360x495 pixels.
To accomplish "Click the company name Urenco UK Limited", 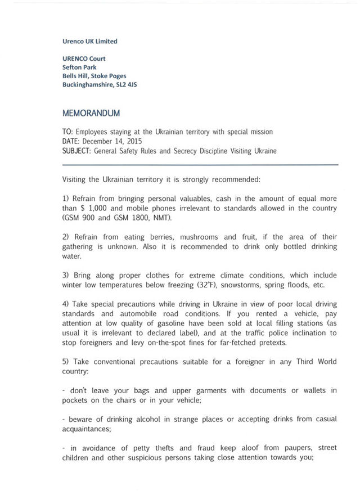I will click(90, 41).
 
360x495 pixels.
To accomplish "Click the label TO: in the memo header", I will click(68, 132).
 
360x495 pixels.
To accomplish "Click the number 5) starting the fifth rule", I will click(67, 362).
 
